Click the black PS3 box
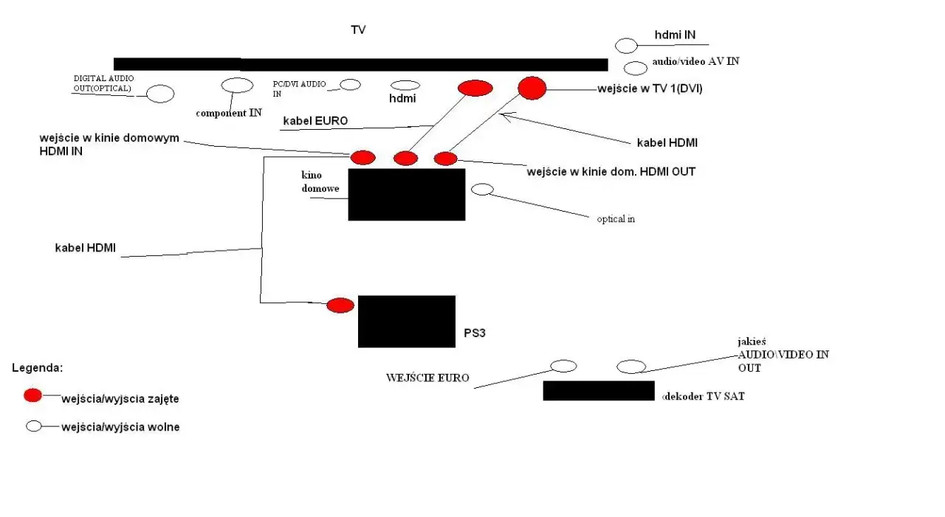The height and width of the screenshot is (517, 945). [406, 321]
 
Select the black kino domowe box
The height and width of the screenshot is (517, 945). [406, 194]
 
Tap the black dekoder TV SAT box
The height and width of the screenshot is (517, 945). [599, 390]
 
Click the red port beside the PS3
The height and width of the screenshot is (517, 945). [340, 305]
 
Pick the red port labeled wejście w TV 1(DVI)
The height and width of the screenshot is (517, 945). [532, 88]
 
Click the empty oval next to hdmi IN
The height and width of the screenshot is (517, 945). [626, 46]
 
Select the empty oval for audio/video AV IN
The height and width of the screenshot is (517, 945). [636, 69]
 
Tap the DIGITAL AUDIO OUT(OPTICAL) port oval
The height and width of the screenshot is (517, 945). [160, 94]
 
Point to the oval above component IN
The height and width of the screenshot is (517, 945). [237, 86]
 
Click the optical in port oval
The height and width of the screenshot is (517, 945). [482, 190]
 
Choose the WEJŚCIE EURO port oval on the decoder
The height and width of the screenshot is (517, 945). [563, 366]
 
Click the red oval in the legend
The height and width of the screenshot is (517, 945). [33, 395]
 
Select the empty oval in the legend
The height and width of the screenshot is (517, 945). [34, 426]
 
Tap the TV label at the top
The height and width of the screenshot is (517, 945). [358, 30]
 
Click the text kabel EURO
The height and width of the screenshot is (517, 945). [315, 121]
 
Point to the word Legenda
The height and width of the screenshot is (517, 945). [38, 367]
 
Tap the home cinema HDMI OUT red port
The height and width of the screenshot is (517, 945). [445, 158]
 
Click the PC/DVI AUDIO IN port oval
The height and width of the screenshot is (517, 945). [351, 85]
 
